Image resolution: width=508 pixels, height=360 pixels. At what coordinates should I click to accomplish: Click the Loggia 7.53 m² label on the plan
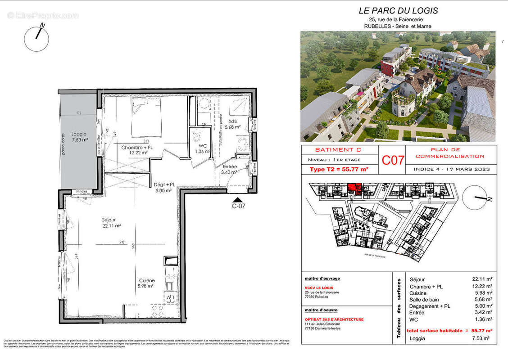[x=78, y=136]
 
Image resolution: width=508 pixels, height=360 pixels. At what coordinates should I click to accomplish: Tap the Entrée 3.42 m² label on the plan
[x=230, y=169]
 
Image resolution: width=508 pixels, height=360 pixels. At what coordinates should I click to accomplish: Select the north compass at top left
[x=36, y=38]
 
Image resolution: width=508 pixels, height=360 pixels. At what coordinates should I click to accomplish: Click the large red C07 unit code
[x=393, y=160]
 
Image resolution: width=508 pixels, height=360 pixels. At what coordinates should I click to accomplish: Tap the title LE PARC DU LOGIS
[x=398, y=11]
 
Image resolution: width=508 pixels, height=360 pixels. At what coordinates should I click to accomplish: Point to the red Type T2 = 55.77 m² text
[x=339, y=169]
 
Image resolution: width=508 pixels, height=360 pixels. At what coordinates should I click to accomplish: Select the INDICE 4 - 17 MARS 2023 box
[x=451, y=169]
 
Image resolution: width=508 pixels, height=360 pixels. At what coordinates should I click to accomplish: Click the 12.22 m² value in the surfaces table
[x=482, y=286]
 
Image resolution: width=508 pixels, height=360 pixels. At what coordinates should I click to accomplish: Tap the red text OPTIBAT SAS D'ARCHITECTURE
[x=334, y=319]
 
